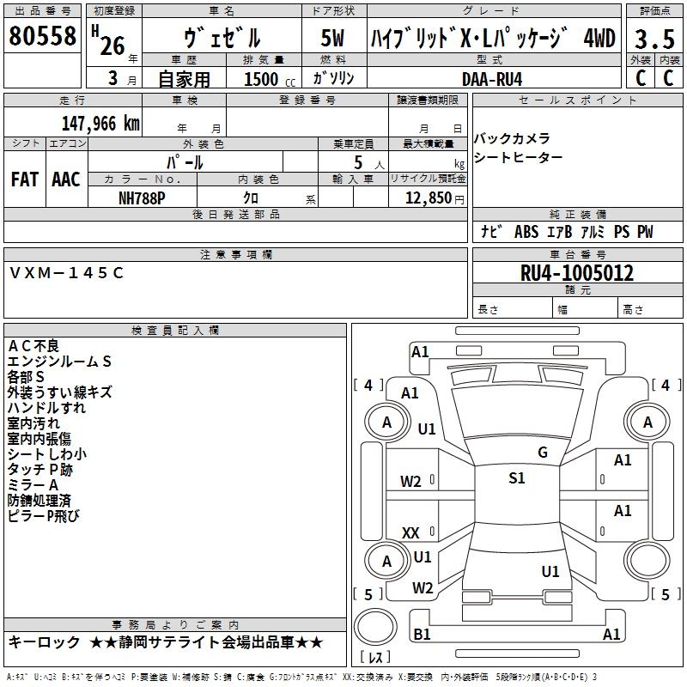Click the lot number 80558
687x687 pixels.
click(42, 36)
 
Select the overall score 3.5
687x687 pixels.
click(654, 39)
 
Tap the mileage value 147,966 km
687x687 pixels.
click(100, 124)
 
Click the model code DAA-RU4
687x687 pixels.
click(492, 79)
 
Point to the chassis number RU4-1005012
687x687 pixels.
click(576, 273)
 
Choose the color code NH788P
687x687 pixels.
click(142, 198)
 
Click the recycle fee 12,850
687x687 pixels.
click(428, 198)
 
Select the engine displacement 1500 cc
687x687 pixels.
click(270, 79)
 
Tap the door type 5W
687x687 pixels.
click(332, 38)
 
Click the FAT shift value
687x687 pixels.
click(25, 179)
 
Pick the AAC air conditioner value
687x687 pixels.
click(66, 179)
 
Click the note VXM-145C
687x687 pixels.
click(66, 273)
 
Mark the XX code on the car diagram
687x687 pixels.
click(410, 533)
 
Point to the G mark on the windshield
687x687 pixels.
click(543, 452)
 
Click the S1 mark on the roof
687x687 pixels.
click(517, 478)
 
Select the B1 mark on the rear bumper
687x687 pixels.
click(422, 634)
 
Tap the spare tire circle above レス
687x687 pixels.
click(375, 627)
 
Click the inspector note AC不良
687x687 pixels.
click(33, 346)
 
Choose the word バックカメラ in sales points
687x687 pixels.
click(512, 139)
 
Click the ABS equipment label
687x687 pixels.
click(526, 232)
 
